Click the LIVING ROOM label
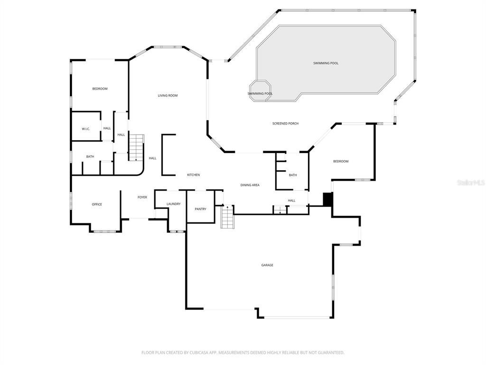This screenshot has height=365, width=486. point(168,96)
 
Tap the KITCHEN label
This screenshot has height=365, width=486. point(193,175)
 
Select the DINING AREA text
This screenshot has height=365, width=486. point(250,185)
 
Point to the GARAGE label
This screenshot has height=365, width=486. point(267,265)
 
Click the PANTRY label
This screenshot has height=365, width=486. point(200,209)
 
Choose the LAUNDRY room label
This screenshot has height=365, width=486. point(173,204)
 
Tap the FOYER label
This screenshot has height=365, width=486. point(142,197)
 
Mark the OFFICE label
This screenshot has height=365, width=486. point(97,204)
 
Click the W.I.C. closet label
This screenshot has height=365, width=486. point(86,129)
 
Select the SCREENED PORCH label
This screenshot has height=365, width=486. point(285,124)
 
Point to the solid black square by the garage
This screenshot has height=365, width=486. point(327,199)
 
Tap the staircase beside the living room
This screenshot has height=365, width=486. point(137,147)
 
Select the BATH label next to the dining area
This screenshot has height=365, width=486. point(293,175)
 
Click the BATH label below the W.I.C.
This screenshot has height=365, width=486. point(90,157)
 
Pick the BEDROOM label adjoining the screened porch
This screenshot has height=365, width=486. point(341,161)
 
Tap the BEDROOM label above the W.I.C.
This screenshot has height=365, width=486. point(100,89)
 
